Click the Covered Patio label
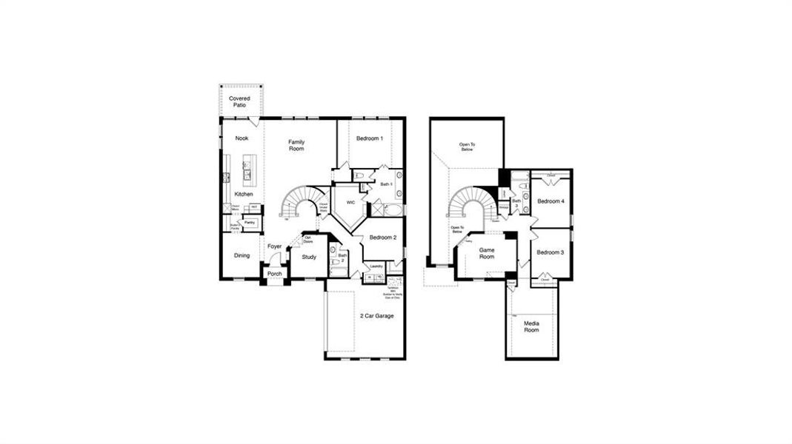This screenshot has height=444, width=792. coord(239,102)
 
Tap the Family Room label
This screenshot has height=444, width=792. coord(296,146)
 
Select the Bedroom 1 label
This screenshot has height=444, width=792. coord(369,139)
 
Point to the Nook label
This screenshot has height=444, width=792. coord(242,139)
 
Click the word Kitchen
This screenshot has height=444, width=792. coord(244,195)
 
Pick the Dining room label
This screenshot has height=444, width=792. coord(242,256)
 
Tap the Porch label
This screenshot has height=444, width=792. coord(274,274)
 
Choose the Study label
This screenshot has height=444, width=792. coord(309,258)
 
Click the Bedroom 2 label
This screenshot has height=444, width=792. coord(384,238)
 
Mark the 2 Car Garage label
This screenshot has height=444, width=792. coord(376,316)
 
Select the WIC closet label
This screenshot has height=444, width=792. coord(350,201)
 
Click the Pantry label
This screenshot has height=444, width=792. coord(250,222)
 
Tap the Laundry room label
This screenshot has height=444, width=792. coord(376,266)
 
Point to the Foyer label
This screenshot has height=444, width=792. coord(274,247)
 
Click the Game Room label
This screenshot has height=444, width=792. coord(486,254)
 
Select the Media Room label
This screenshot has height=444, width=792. coord(531,326)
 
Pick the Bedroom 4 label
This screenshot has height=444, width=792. coord(550,201)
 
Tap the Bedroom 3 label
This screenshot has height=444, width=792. coord(550,253)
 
